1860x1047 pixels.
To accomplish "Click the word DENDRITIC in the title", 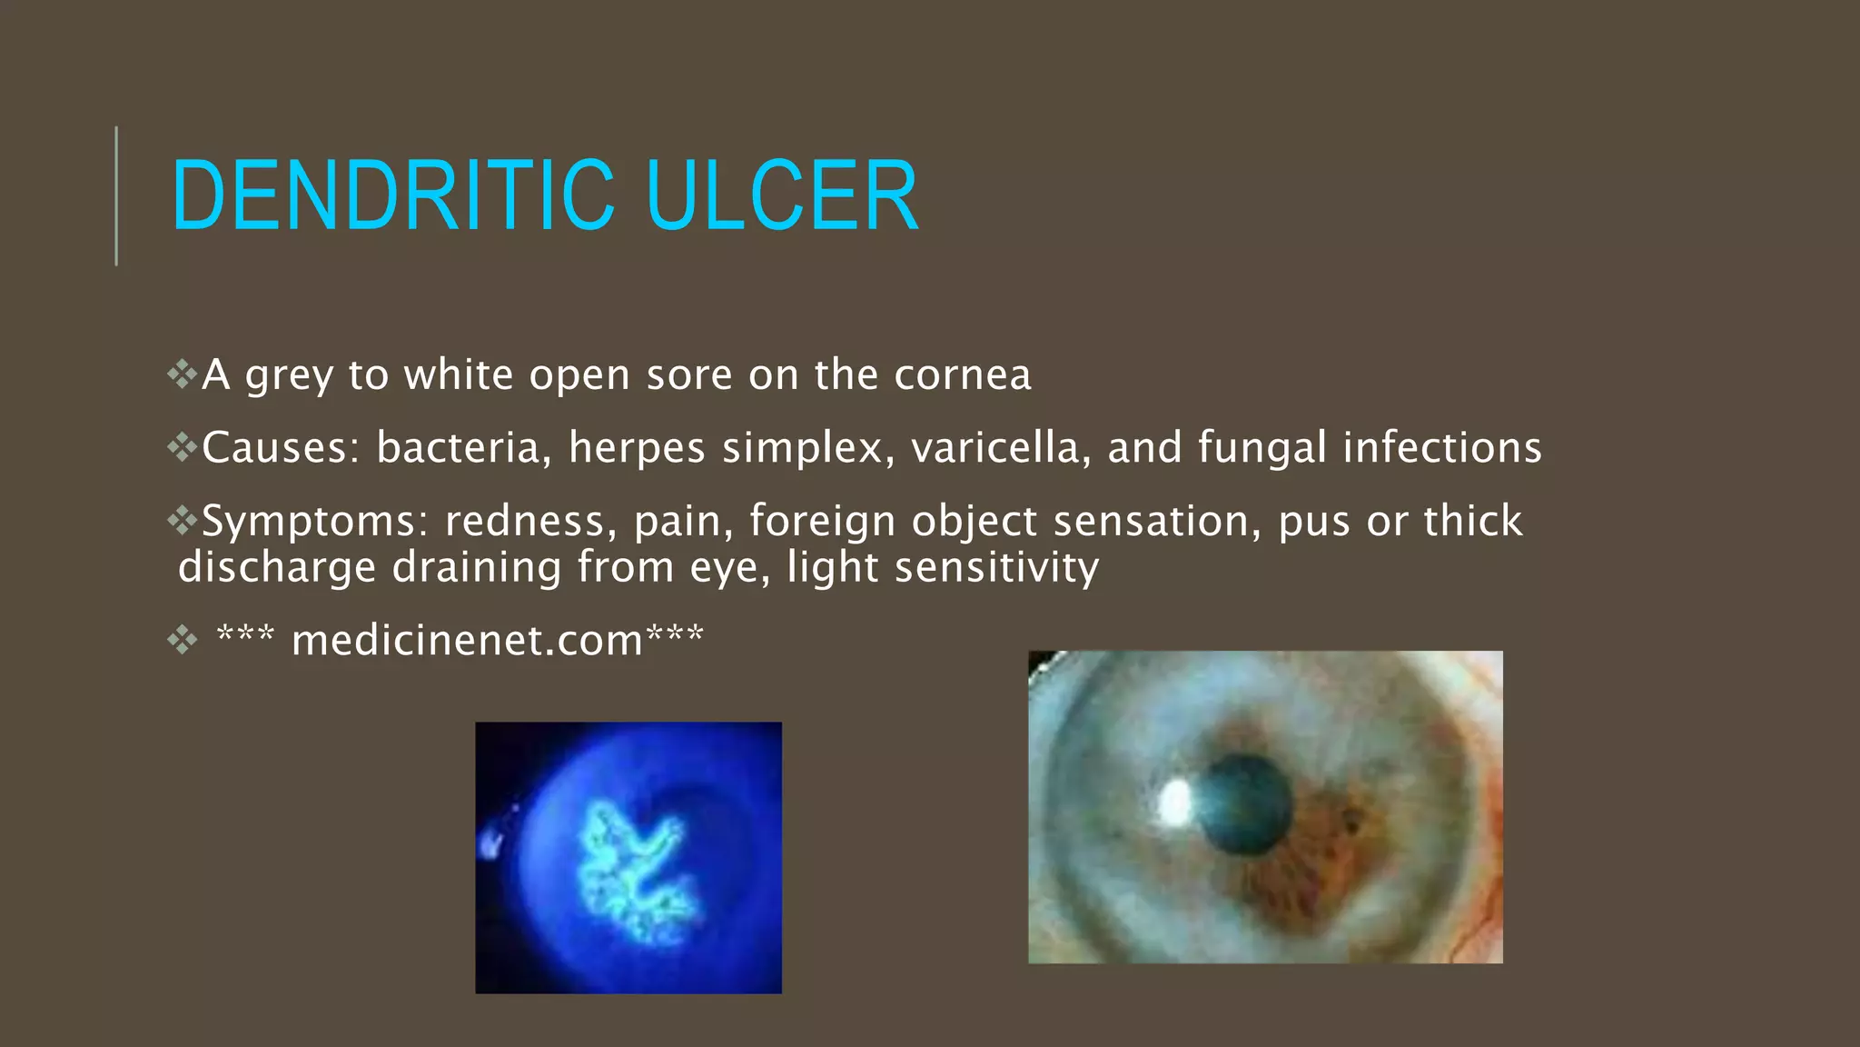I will tap(393, 195).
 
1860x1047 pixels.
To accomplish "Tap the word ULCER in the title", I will tap(782, 195).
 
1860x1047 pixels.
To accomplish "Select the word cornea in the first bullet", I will tap(963, 375).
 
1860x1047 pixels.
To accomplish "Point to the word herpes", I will tap(637, 448).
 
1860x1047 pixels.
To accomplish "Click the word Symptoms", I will tap(314, 522).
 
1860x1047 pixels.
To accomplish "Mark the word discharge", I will tap(278, 568).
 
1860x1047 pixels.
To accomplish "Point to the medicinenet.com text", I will tap(467, 641).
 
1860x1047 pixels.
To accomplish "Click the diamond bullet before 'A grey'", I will tap(183, 374).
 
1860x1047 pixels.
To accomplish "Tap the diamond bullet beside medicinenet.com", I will tap(183, 640).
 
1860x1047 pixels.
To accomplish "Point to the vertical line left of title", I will tap(116, 195).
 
